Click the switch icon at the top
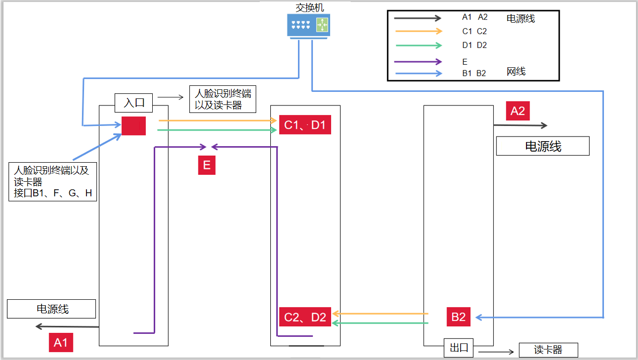(308, 25)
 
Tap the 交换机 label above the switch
(310, 8)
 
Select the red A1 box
(61, 342)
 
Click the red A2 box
(517, 111)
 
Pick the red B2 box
(459, 317)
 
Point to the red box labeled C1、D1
(305, 125)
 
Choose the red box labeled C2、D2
(305, 317)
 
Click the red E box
(206, 165)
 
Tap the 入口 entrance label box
(134, 103)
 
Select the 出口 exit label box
(459, 347)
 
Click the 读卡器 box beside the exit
(548, 350)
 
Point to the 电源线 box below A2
(543, 147)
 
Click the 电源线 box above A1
(52, 309)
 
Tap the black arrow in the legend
(417, 18)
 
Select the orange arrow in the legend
(417, 31)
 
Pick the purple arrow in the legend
(417, 62)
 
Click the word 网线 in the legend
(516, 72)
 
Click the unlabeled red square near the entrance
(134, 126)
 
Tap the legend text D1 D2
(475, 45)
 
